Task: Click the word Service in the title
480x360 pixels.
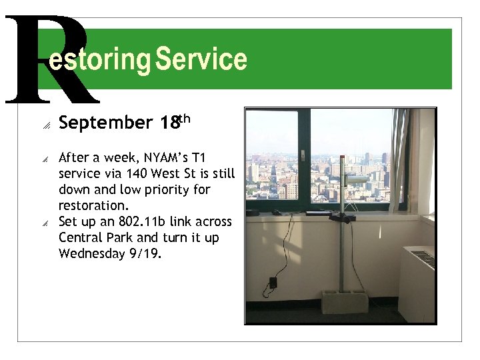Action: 201,59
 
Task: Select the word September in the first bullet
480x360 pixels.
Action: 106,123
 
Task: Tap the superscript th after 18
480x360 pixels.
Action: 185,119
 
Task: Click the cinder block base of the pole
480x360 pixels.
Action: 343,301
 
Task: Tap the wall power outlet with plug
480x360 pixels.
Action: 273,282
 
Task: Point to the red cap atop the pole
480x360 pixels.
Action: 342,158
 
